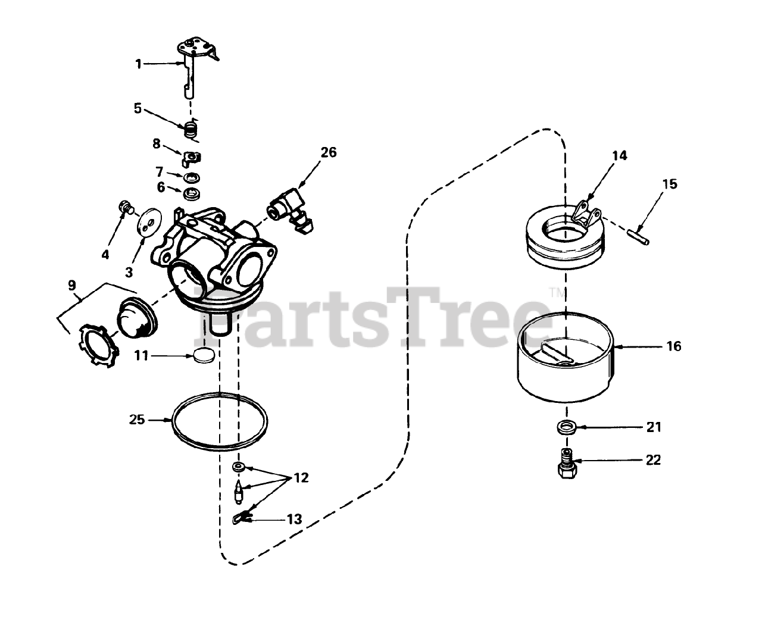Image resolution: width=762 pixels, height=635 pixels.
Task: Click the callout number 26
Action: (x=328, y=152)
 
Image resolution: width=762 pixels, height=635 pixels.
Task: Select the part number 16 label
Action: (x=673, y=346)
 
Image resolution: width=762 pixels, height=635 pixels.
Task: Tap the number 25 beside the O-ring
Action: (x=137, y=420)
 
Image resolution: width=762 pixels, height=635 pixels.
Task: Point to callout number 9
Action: (x=72, y=285)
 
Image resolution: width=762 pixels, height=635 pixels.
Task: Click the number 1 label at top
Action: (x=138, y=64)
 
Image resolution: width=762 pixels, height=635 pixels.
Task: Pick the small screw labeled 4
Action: (x=125, y=207)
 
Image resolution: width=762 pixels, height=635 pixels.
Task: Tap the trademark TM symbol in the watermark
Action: (x=554, y=292)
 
